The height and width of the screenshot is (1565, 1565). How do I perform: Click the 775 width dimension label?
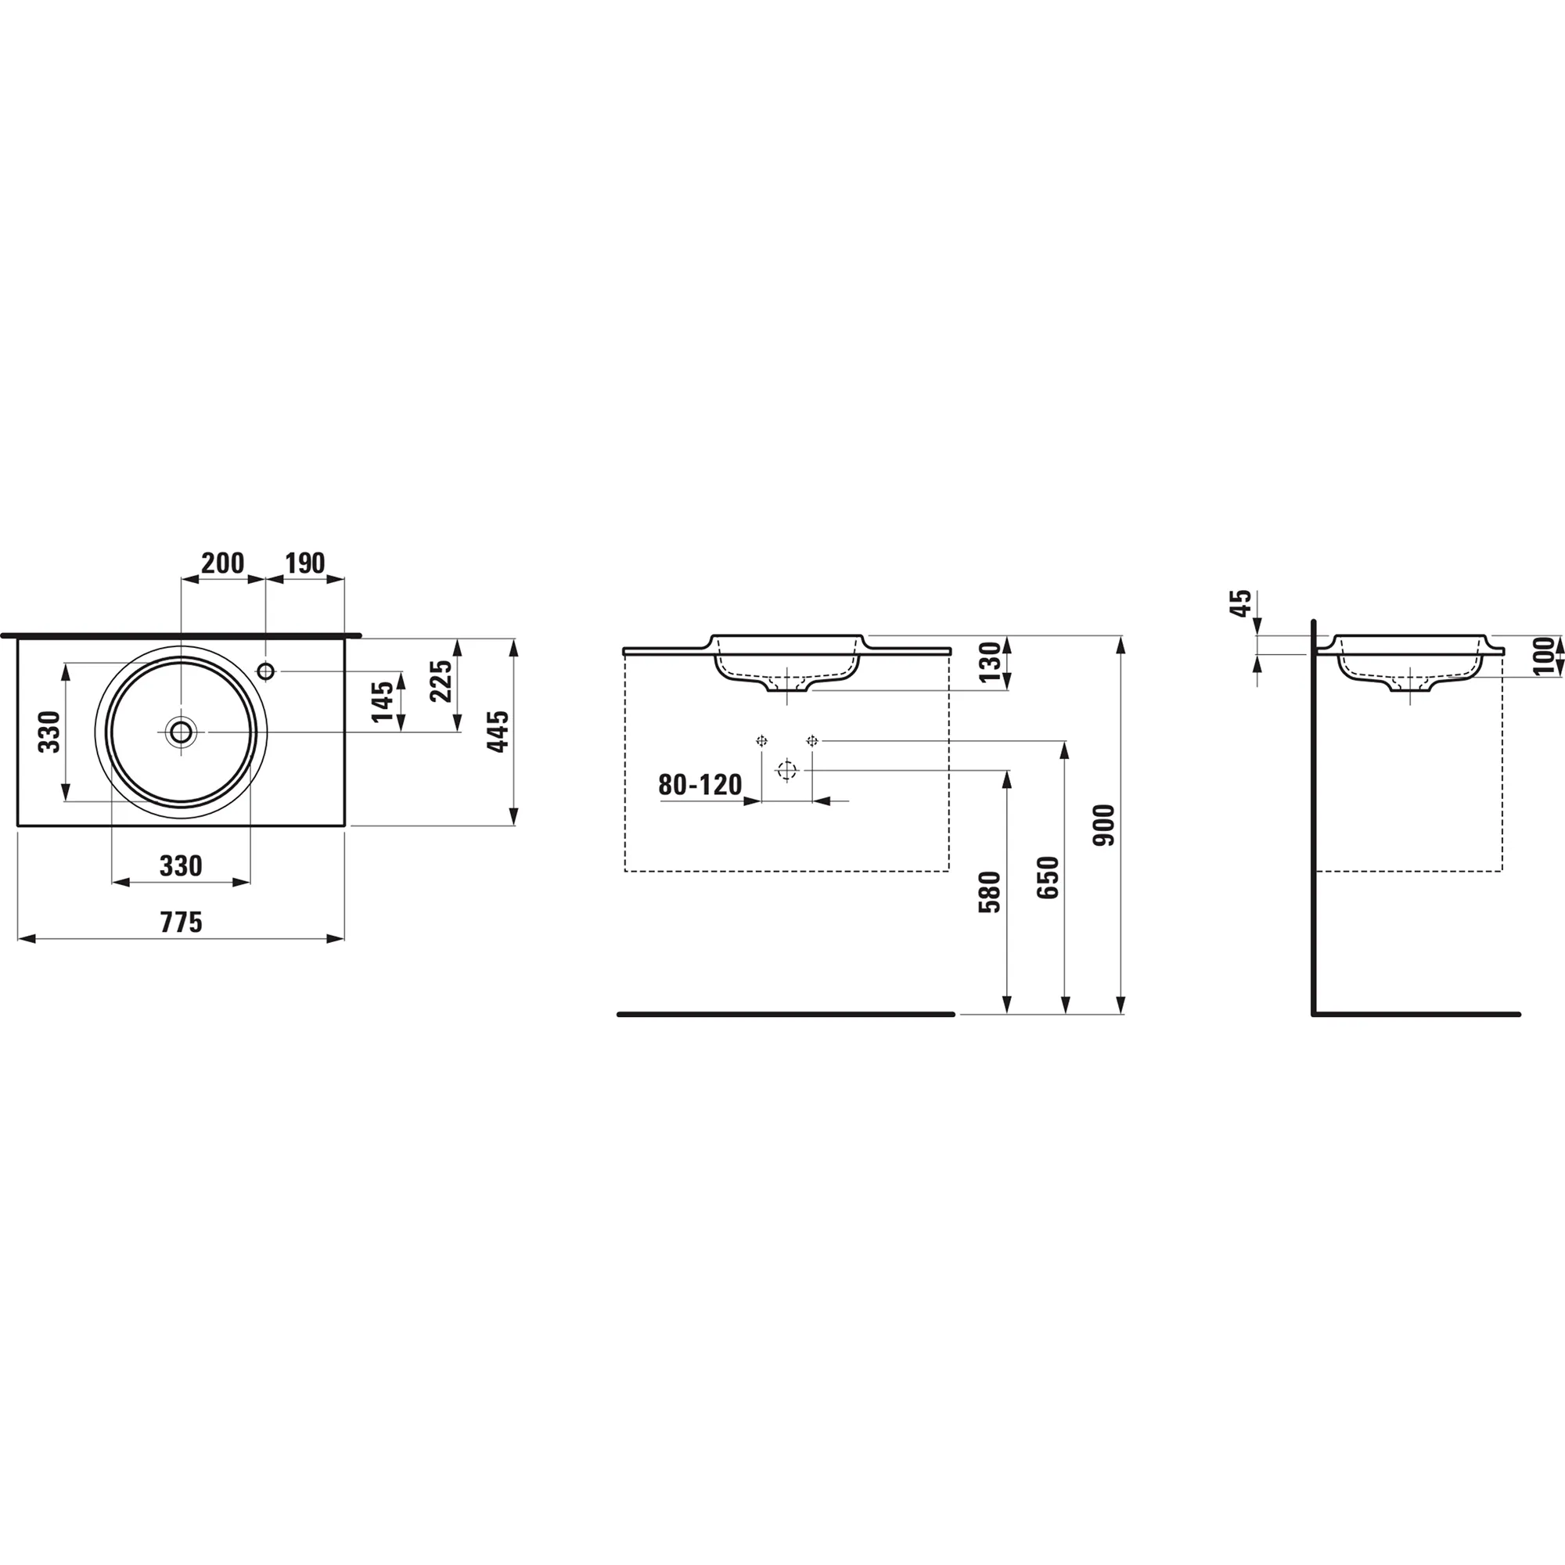[x=181, y=922]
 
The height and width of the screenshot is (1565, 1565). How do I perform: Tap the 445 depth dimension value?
[x=498, y=732]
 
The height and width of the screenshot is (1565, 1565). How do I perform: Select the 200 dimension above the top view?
[x=222, y=563]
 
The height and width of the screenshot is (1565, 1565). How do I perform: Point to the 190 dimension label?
[x=304, y=563]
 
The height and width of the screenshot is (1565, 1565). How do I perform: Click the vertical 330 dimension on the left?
[x=49, y=732]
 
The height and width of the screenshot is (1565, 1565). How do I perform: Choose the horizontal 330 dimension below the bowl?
[x=181, y=866]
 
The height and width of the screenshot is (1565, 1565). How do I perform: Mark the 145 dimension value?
[x=383, y=701]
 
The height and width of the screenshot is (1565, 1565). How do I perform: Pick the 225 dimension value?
[x=440, y=682]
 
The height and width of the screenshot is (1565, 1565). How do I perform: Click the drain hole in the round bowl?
[x=181, y=732]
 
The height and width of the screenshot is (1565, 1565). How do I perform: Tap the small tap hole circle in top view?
[x=266, y=671]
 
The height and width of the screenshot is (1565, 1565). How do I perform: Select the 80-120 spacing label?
[x=700, y=784]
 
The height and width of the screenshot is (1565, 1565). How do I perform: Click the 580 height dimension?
[x=990, y=892]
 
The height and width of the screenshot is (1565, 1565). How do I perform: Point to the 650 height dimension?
[x=1048, y=877]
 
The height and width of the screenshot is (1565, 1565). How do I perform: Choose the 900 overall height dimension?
[x=1104, y=826]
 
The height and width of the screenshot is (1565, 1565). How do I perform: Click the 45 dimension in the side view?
[x=1240, y=603]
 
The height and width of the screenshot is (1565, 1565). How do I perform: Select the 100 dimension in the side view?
[x=1545, y=657]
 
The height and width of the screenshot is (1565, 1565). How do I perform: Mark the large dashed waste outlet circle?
[x=786, y=770]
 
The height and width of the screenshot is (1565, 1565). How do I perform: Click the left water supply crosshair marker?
[x=761, y=740]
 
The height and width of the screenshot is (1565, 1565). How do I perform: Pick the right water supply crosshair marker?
[x=812, y=740]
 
